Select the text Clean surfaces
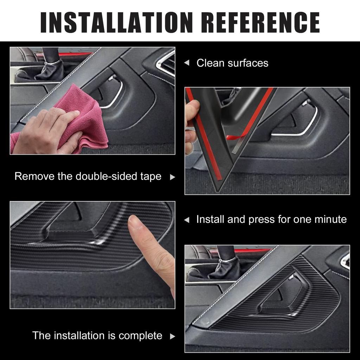(232, 63)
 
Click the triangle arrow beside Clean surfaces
(187, 63)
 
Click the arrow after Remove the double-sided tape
(172, 177)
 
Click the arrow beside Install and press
(187, 220)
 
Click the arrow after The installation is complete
(172, 336)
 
